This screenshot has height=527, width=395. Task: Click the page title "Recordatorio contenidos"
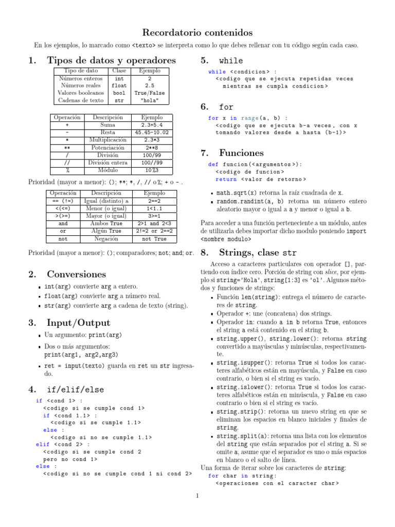(197, 32)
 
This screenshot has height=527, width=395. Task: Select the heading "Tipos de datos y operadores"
(111, 60)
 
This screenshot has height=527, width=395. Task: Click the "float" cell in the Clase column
(119, 85)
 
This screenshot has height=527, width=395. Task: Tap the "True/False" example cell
(149, 93)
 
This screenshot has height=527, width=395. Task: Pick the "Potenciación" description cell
(107, 147)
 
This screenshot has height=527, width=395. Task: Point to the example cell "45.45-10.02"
(151, 132)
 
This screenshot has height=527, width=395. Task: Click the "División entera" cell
(107, 162)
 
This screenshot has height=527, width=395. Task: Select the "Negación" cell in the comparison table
(106, 239)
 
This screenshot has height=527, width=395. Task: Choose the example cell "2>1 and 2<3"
(154, 224)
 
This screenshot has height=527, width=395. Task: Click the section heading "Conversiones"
(76, 274)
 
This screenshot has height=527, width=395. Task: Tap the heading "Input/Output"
(78, 323)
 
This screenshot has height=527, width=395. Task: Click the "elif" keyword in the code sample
(43, 444)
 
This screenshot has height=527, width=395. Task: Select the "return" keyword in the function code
(226, 179)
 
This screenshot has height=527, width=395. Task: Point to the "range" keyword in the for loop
(249, 118)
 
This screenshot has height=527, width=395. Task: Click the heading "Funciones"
(241, 152)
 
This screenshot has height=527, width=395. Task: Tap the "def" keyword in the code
(213, 165)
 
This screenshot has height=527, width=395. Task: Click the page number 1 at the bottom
(197, 496)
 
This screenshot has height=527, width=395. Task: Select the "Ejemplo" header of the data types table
(149, 71)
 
